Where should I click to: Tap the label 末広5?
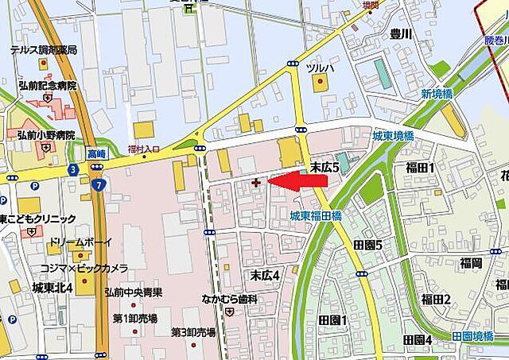[x=324, y=167]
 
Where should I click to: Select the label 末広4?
[x=266, y=275]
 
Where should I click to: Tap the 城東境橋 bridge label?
[x=393, y=137]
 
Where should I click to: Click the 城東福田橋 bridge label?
[x=316, y=215]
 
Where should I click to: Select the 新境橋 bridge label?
[x=436, y=94]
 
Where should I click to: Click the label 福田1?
[x=420, y=168]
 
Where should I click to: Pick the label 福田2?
[x=436, y=299]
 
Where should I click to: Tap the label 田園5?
[x=367, y=245]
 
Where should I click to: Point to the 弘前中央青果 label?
[x=134, y=292]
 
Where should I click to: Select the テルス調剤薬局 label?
[x=44, y=49]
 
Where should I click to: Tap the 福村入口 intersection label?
[x=145, y=147]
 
